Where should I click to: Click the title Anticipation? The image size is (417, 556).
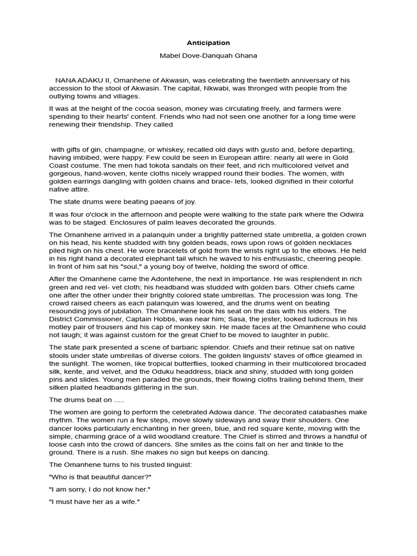[x=208, y=43]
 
